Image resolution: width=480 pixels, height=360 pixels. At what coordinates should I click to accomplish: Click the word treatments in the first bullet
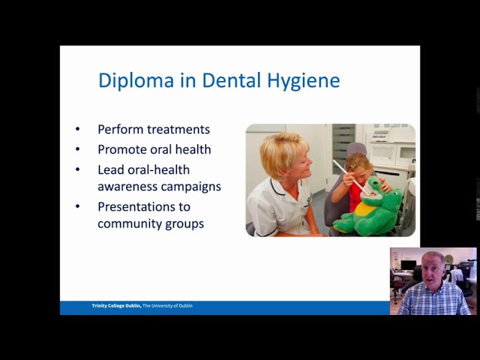click(178, 129)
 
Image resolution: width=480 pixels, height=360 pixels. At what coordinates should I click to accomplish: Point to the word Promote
click(123, 149)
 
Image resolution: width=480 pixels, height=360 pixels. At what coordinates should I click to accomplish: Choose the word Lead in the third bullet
click(109, 170)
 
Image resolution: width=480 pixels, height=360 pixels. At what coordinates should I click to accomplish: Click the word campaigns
click(191, 187)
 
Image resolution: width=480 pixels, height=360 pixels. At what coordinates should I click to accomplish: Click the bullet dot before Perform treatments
click(77, 130)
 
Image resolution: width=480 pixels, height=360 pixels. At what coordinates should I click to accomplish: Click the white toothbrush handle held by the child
click(345, 173)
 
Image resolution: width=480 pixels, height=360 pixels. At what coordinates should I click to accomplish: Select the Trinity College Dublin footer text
click(142, 306)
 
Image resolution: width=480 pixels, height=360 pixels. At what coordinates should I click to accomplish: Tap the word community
click(132, 223)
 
